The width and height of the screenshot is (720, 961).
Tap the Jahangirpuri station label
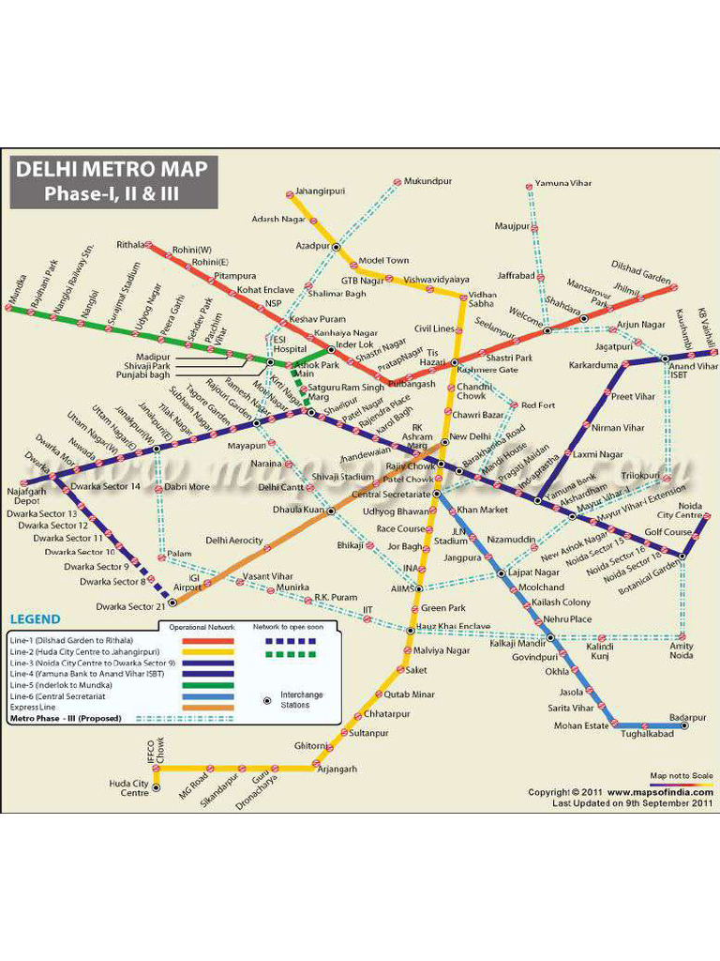(320, 191)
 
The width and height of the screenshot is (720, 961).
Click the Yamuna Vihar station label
(563, 184)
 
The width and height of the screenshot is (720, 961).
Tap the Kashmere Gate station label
(487, 370)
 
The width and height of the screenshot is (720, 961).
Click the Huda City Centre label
(128, 787)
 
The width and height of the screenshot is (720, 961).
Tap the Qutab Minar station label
(410, 694)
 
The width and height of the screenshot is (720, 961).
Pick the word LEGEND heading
(35, 619)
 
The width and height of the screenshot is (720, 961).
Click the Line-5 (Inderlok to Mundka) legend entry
(64, 684)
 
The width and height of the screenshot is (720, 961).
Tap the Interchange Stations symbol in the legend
(267, 700)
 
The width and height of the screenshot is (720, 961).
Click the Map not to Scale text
(681, 776)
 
